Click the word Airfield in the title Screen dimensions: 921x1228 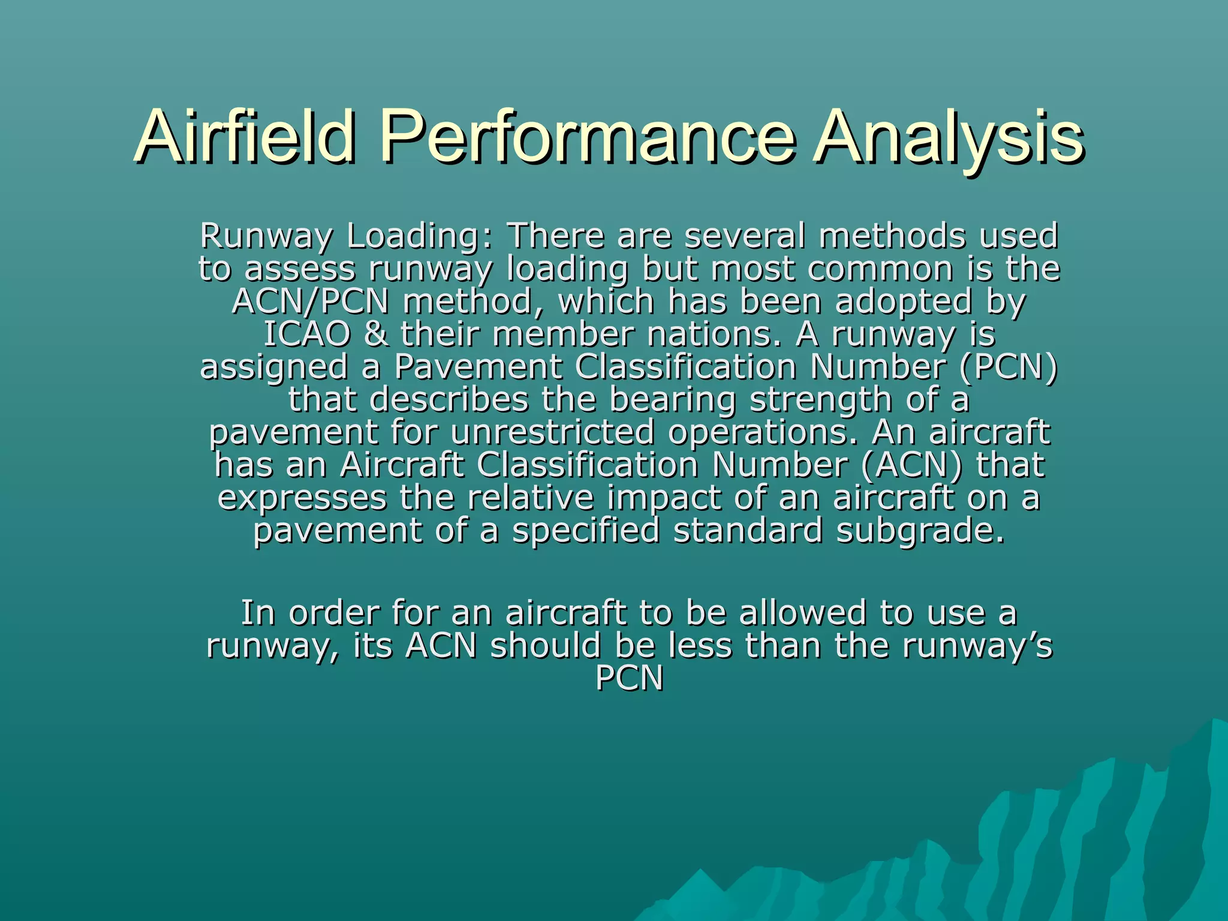245,137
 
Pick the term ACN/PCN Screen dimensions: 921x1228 311,301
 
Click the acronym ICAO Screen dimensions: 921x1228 307,334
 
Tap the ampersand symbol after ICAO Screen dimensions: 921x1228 375,334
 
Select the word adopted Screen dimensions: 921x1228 903,301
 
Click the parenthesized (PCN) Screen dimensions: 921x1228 1009,367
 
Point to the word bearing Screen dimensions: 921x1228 673,400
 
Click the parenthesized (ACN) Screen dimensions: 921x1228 911,465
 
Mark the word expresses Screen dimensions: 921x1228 302,499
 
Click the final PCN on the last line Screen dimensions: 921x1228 629,679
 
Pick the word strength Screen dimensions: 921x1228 821,400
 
